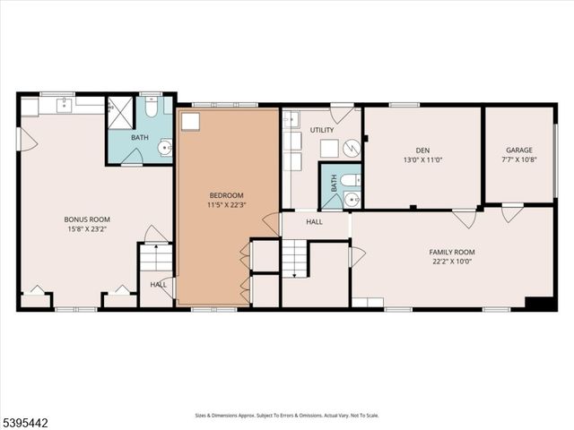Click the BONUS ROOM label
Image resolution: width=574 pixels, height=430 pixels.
coord(86,219)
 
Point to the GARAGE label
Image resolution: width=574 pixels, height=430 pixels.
coord(518,150)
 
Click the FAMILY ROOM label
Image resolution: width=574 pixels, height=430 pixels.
coord(451,252)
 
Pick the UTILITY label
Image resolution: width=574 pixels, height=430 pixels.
coord(322,131)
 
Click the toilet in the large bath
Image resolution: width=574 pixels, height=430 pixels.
coord(152,108)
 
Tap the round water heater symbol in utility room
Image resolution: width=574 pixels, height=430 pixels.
coord(352,148)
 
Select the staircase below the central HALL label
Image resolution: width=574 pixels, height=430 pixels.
coord(294,258)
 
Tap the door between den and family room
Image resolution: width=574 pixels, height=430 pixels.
coord(464,218)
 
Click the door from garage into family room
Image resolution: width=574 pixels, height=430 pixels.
coord(512,213)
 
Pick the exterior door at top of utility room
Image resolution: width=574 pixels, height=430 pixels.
coord(341,113)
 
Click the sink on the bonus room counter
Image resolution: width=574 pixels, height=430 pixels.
coord(65,106)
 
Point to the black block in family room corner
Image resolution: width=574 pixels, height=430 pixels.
coord(539,303)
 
